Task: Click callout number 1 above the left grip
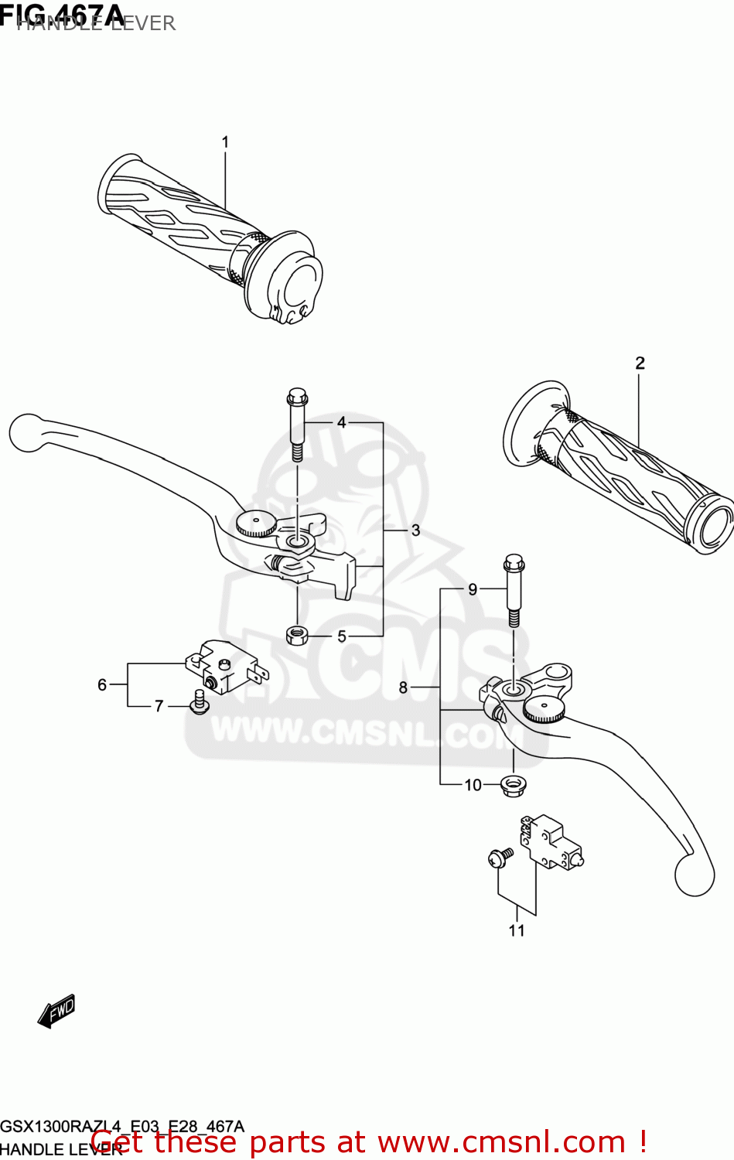coord(225,142)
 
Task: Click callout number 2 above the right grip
coord(640,363)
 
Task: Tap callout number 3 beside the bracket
coord(415,531)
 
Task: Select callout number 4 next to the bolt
coord(341,422)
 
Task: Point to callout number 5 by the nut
coord(341,636)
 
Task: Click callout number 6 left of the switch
coord(102,684)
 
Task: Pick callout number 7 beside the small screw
coord(159,706)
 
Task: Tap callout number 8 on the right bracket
coord(403,687)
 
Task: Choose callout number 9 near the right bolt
coord(473,589)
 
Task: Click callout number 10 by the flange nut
coord(473,785)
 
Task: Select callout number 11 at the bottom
coord(517,930)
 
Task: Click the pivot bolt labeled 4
coord(297,425)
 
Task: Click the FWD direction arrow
coord(57,1011)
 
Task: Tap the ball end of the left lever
coord(26,432)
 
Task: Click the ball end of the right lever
coord(694,875)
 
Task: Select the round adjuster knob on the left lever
coord(257,524)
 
